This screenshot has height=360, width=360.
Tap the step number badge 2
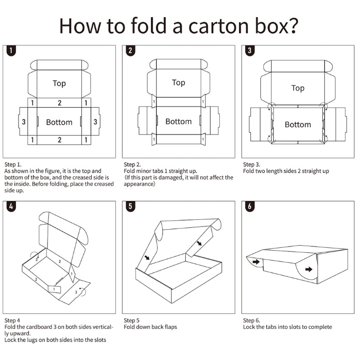(130, 51)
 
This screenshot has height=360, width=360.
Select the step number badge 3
(250, 51)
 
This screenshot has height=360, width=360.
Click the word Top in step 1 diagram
(59, 83)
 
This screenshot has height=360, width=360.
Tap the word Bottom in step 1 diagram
(59, 122)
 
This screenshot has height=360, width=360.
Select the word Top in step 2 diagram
(178, 83)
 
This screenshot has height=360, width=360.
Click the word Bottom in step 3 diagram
(298, 125)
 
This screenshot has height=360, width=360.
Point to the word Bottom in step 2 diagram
(178, 122)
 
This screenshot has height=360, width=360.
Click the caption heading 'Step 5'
(132, 321)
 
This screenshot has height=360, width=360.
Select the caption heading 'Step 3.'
(252, 164)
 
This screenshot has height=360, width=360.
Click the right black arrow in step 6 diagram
(309, 269)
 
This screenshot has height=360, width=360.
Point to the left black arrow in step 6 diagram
(256, 262)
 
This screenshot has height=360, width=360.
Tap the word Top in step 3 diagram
(298, 88)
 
